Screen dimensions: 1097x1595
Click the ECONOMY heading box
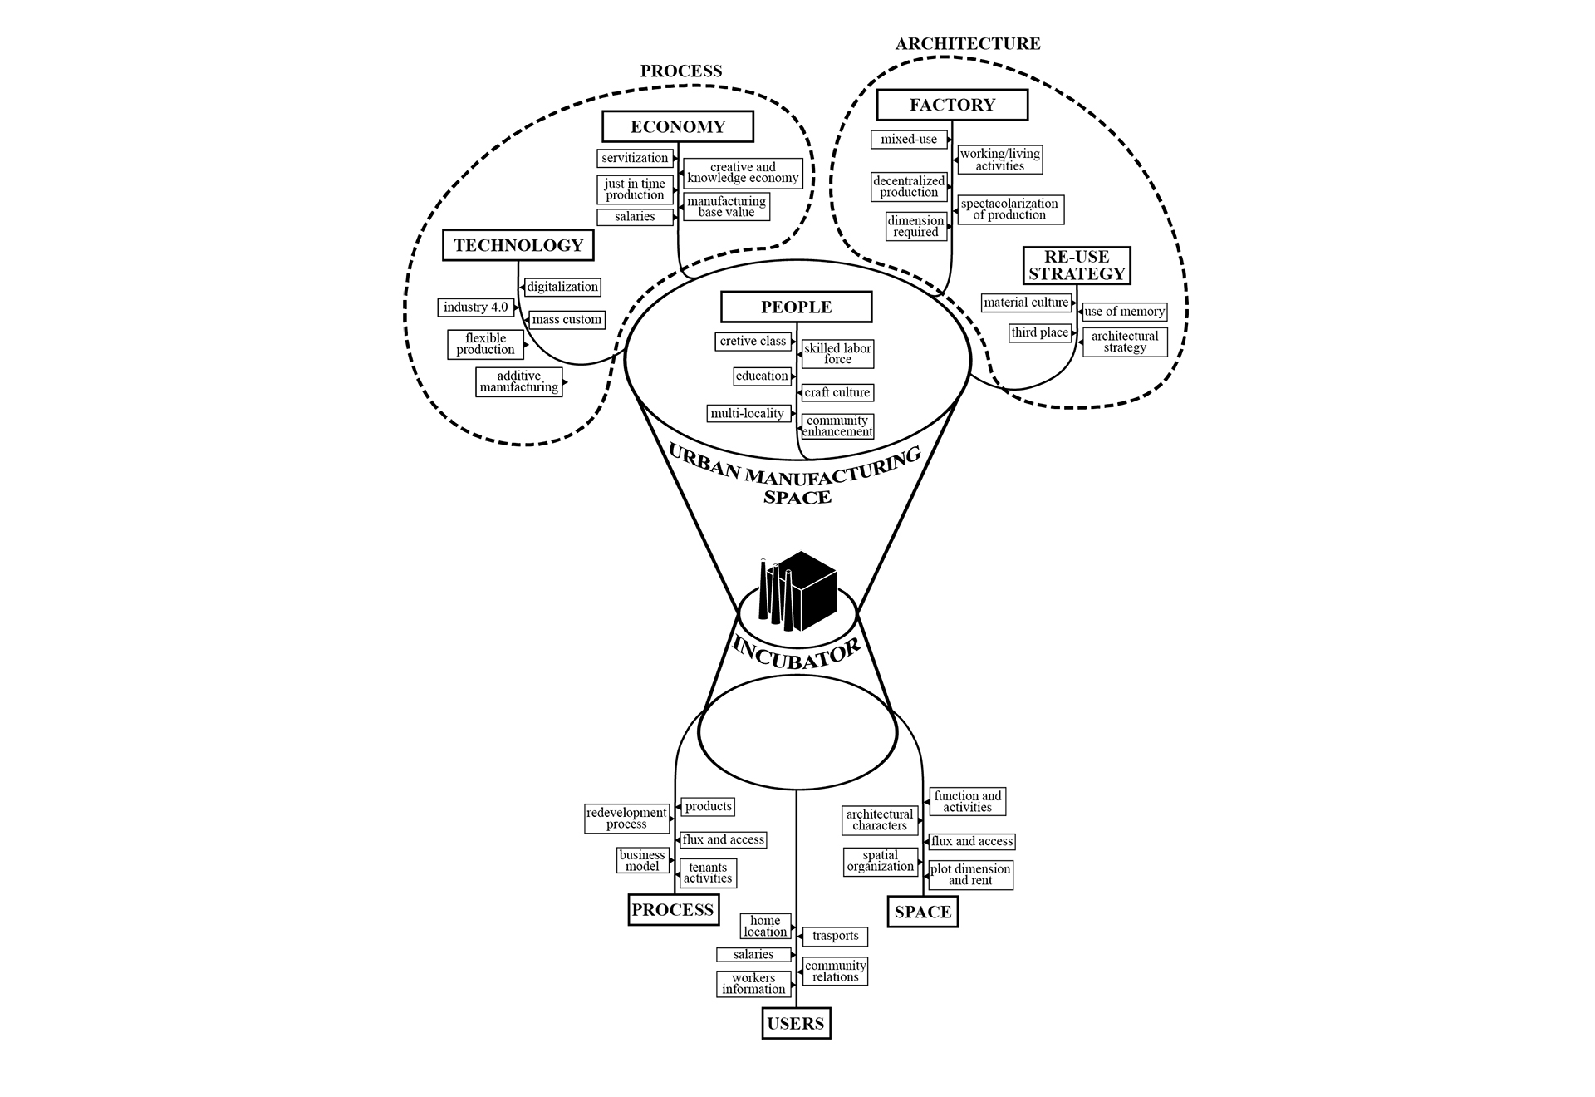coord(678,127)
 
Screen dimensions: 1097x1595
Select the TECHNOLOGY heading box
coord(518,245)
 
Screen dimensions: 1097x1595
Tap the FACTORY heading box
coord(952,105)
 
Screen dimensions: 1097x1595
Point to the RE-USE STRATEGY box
coord(1077,265)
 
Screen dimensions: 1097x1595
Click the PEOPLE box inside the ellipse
coord(796,307)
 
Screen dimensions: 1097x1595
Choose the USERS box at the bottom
coord(796,1023)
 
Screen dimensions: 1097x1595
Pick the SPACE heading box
coord(922,912)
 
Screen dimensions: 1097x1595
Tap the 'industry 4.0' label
coord(475,307)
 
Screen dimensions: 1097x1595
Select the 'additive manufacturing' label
coord(519,381)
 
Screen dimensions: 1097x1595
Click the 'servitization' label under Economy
coord(635,158)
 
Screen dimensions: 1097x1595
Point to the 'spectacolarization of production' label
coord(1009,209)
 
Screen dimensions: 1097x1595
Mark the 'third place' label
coord(1040,332)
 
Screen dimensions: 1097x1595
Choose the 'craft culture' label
coord(837,392)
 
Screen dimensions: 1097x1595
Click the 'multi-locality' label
coord(748,413)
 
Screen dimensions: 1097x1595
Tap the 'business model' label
coord(642,860)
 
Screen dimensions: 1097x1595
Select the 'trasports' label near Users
coord(836,936)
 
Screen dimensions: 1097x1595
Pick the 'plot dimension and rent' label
coord(970,874)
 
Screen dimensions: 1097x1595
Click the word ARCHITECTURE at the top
coord(968,44)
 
